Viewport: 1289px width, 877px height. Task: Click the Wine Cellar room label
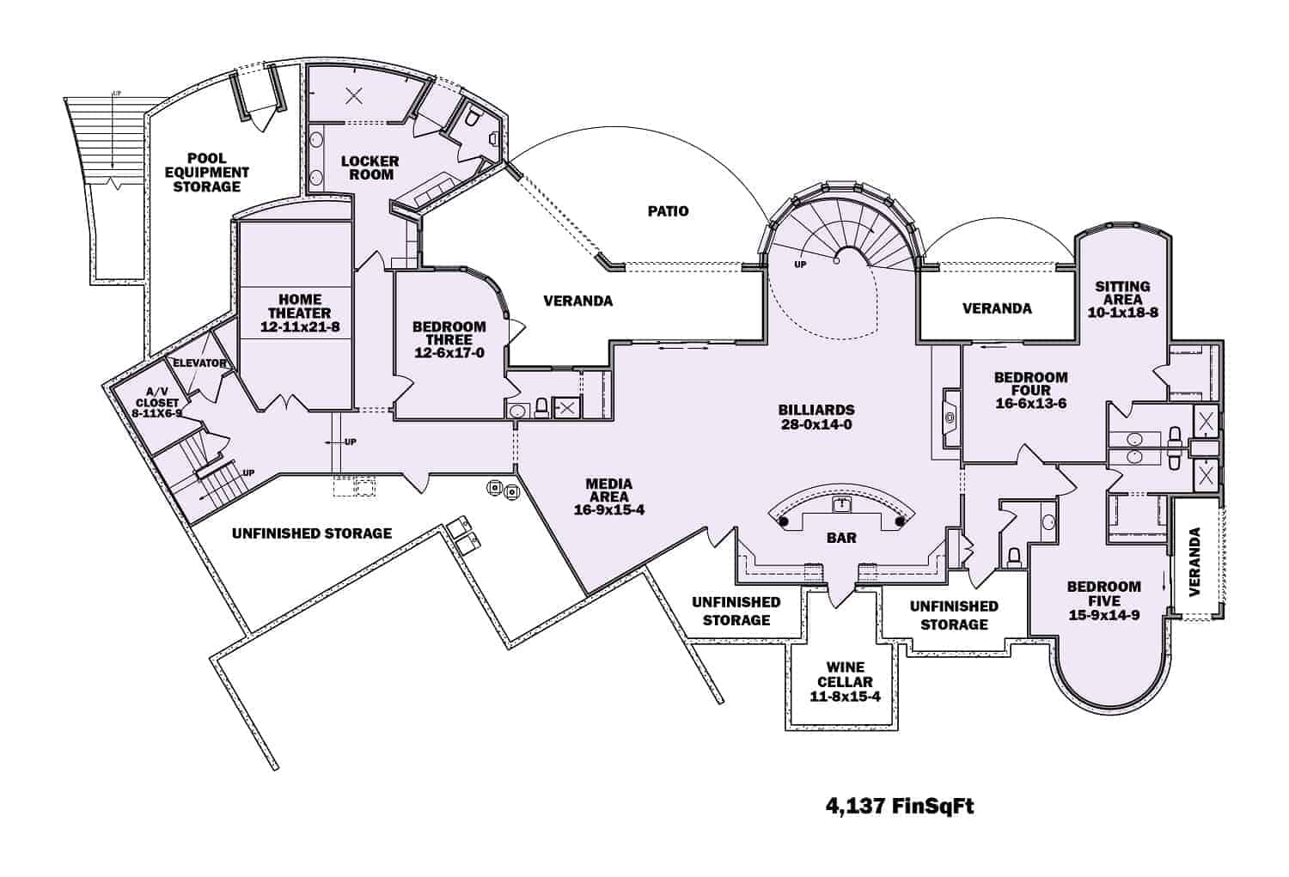click(x=845, y=682)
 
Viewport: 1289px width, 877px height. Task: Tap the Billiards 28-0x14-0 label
click(x=816, y=417)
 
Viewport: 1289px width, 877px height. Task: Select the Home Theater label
click(x=294, y=314)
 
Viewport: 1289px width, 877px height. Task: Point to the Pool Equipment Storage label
click(x=206, y=172)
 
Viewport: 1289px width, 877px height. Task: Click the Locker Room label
click(x=370, y=167)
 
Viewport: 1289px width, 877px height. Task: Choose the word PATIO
click(x=668, y=211)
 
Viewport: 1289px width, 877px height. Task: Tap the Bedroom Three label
click(x=449, y=339)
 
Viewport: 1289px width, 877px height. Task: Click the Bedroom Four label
click(x=1030, y=390)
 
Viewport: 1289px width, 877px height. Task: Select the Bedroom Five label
click(x=1103, y=600)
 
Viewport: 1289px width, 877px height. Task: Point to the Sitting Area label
click(x=1122, y=299)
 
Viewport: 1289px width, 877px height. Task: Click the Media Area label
click(x=608, y=496)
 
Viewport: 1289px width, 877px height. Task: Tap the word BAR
click(x=841, y=539)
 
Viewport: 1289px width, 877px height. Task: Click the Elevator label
click(x=199, y=363)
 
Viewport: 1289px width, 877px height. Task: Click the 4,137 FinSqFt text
click(x=900, y=807)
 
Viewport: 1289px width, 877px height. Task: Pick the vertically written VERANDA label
click(x=1194, y=562)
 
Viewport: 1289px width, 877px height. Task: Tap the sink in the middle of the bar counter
click(x=841, y=502)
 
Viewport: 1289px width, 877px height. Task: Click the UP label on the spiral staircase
click(x=800, y=265)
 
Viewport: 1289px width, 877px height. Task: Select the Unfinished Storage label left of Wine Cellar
click(x=736, y=611)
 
